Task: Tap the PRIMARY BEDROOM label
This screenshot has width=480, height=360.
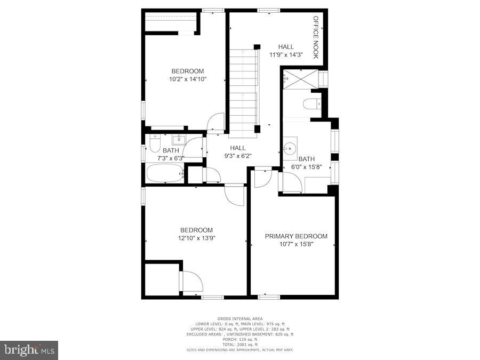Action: point(296,236)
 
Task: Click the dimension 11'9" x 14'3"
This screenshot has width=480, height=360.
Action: point(285,55)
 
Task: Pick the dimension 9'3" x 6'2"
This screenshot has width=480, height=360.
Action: point(237,156)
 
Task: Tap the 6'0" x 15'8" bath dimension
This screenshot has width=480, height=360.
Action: point(306,167)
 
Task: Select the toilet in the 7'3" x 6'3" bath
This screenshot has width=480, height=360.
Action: point(155,144)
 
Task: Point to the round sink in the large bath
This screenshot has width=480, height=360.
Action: point(291,147)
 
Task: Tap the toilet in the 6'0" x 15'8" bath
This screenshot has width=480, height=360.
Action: point(310,105)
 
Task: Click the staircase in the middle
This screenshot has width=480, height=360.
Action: point(243,88)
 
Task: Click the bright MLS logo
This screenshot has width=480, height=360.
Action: point(30,350)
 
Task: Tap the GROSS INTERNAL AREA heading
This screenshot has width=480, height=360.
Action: point(240,319)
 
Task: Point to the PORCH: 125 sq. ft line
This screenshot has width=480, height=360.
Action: point(240,339)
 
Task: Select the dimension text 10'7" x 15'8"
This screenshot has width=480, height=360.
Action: point(296,244)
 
